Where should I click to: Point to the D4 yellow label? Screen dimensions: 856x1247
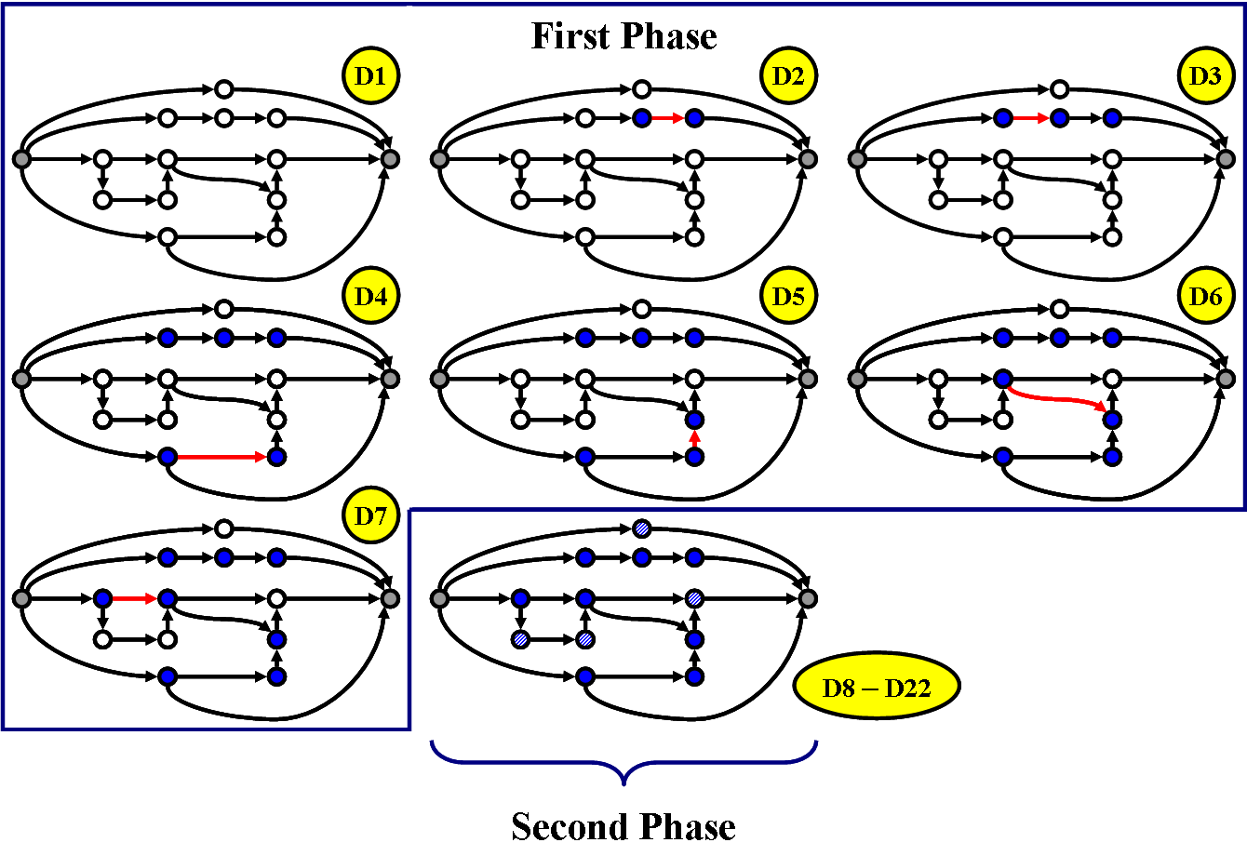click(370, 297)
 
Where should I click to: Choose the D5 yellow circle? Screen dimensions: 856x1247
click(788, 297)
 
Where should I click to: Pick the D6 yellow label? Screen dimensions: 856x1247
click(1205, 297)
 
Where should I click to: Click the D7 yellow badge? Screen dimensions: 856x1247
click(370, 516)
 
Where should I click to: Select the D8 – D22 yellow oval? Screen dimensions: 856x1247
click(876, 688)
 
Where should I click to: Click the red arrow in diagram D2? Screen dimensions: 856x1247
click(667, 118)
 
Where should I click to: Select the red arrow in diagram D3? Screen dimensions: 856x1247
click(1030, 118)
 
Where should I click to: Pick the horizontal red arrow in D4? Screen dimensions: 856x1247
click(221, 457)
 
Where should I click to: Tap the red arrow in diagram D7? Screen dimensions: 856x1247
click(134, 598)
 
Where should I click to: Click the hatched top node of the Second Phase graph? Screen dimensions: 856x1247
click(641, 528)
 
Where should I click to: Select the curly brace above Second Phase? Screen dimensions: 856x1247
click(623, 763)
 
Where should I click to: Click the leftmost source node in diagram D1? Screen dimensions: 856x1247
click(21, 160)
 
